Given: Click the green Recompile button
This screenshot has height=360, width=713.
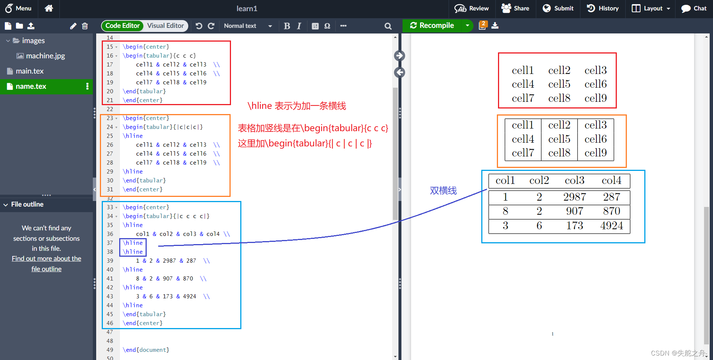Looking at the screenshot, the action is (432, 26).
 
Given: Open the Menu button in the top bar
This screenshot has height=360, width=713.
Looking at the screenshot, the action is (18, 8).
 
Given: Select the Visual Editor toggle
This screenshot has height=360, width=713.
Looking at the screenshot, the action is (165, 26).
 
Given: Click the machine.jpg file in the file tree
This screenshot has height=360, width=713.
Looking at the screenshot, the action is (41, 56).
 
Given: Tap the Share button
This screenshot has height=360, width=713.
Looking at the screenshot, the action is (515, 8).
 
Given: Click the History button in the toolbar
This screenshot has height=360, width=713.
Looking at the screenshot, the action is (603, 8).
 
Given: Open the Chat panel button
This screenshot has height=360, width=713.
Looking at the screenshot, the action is (694, 8).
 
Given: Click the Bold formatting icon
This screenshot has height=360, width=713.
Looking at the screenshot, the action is (287, 26).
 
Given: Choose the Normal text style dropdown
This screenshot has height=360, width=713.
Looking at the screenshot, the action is (248, 26).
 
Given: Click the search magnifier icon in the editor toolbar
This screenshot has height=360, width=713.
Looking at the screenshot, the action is (388, 26).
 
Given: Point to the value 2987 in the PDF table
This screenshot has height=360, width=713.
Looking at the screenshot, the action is (574, 197).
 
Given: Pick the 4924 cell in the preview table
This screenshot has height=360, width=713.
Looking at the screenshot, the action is (612, 226).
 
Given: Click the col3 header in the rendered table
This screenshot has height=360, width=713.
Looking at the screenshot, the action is (574, 180).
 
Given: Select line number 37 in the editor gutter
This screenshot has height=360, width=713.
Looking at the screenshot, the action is (110, 243).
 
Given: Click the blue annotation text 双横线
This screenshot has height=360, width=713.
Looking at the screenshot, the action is (443, 191).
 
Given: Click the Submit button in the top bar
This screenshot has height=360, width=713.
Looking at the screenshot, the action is (558, 8).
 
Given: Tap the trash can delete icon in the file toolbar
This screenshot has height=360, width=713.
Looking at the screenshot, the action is (85, 26).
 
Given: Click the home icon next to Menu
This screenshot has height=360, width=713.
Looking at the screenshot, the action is (49, 8).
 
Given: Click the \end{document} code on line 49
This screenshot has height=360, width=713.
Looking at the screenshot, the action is (146, 350).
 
